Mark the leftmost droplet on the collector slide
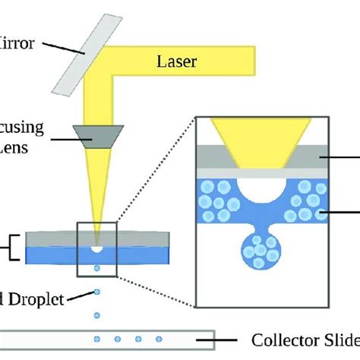point(96,337)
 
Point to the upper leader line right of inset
point(347,156)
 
